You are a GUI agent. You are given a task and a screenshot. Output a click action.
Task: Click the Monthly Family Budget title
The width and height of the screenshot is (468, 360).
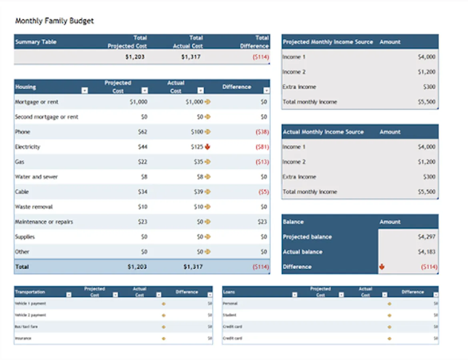pos(54,21)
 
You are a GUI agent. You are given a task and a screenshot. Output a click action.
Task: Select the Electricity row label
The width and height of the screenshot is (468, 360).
pos(28,147)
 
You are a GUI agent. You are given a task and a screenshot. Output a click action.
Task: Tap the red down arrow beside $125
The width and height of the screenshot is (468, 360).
pos(208,147)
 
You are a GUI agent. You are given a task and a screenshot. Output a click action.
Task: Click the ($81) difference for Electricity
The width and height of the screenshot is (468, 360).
pos(262,147)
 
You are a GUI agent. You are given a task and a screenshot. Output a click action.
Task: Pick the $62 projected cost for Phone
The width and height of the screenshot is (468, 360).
pos(142,132)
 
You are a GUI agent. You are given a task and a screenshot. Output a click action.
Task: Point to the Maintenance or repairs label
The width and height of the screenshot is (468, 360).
pos(44,222)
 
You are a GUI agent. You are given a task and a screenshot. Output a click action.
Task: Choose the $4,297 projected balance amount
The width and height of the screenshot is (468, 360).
pos(426,237)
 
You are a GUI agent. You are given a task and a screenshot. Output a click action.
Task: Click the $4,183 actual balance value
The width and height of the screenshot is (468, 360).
pos(426,252)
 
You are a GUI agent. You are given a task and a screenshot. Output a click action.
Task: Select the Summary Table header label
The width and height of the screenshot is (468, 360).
pos(36,42)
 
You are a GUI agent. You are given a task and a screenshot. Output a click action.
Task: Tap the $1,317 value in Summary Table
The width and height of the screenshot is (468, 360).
pos(191,57)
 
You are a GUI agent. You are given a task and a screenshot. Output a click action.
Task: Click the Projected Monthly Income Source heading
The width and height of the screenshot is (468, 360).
pos(328,42)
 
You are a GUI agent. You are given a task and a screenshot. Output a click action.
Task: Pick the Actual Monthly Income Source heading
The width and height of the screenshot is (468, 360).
pos(323,132)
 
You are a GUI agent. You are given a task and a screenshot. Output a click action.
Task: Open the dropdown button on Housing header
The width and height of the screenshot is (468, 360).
pos(84,91)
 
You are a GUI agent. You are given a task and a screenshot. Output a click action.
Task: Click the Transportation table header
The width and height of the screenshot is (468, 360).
pos(30,292)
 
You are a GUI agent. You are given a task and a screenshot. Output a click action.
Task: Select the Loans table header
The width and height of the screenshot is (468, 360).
pos(229,292)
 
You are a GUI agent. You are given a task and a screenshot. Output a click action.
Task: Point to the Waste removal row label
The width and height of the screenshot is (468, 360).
pos(34,207)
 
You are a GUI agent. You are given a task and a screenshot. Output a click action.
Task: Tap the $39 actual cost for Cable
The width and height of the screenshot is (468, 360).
pos(199,192)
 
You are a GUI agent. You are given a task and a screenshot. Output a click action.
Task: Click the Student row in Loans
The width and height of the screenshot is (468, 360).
pos(230,315)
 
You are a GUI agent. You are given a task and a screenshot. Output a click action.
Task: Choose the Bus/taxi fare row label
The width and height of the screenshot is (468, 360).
pos(26,327)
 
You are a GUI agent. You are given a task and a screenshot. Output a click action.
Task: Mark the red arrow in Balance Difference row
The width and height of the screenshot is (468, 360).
pos(382,267)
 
